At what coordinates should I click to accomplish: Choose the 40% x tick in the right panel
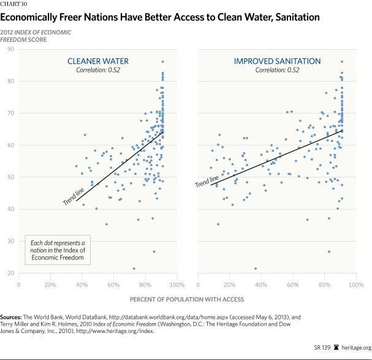coord(261,285)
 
